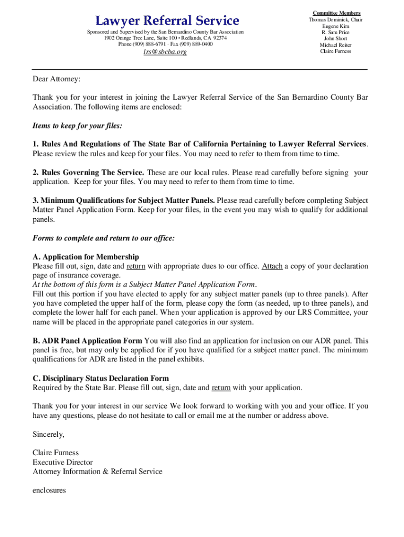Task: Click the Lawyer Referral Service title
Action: pyautogui.click(x=167, y=21)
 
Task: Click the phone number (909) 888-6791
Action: pyautogui.click(x=151, y=44)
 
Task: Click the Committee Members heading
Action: pyautogui.click(x=336, y=13)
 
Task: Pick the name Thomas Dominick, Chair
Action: pyautogui.click(x=336, y=20)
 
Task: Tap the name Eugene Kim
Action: pyautogui.click(x=336, y=26)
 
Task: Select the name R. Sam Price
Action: pyautogui.click(x=336, y=33)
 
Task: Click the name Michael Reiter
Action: pyautogui.click(x=336, y=45)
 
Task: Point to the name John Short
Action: pyautogui.click(x=336, y=39)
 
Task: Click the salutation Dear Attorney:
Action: pyautogui.click(x=57, y=79)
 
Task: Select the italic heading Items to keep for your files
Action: pyautogui.click(x=77, y=126)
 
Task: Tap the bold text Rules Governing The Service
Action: pyautogui.click(x=92, y=173)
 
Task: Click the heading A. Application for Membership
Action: pyautogui.click(x=86, y=257)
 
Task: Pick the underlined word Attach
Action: pyautogui.click(x=272, y=266)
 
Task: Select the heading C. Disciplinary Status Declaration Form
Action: pyautogui.click(x=101, y=379)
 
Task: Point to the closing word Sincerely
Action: pyautogui.click(x=48, y=434)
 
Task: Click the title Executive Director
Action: pyautogui.click(x=62, y=462)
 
